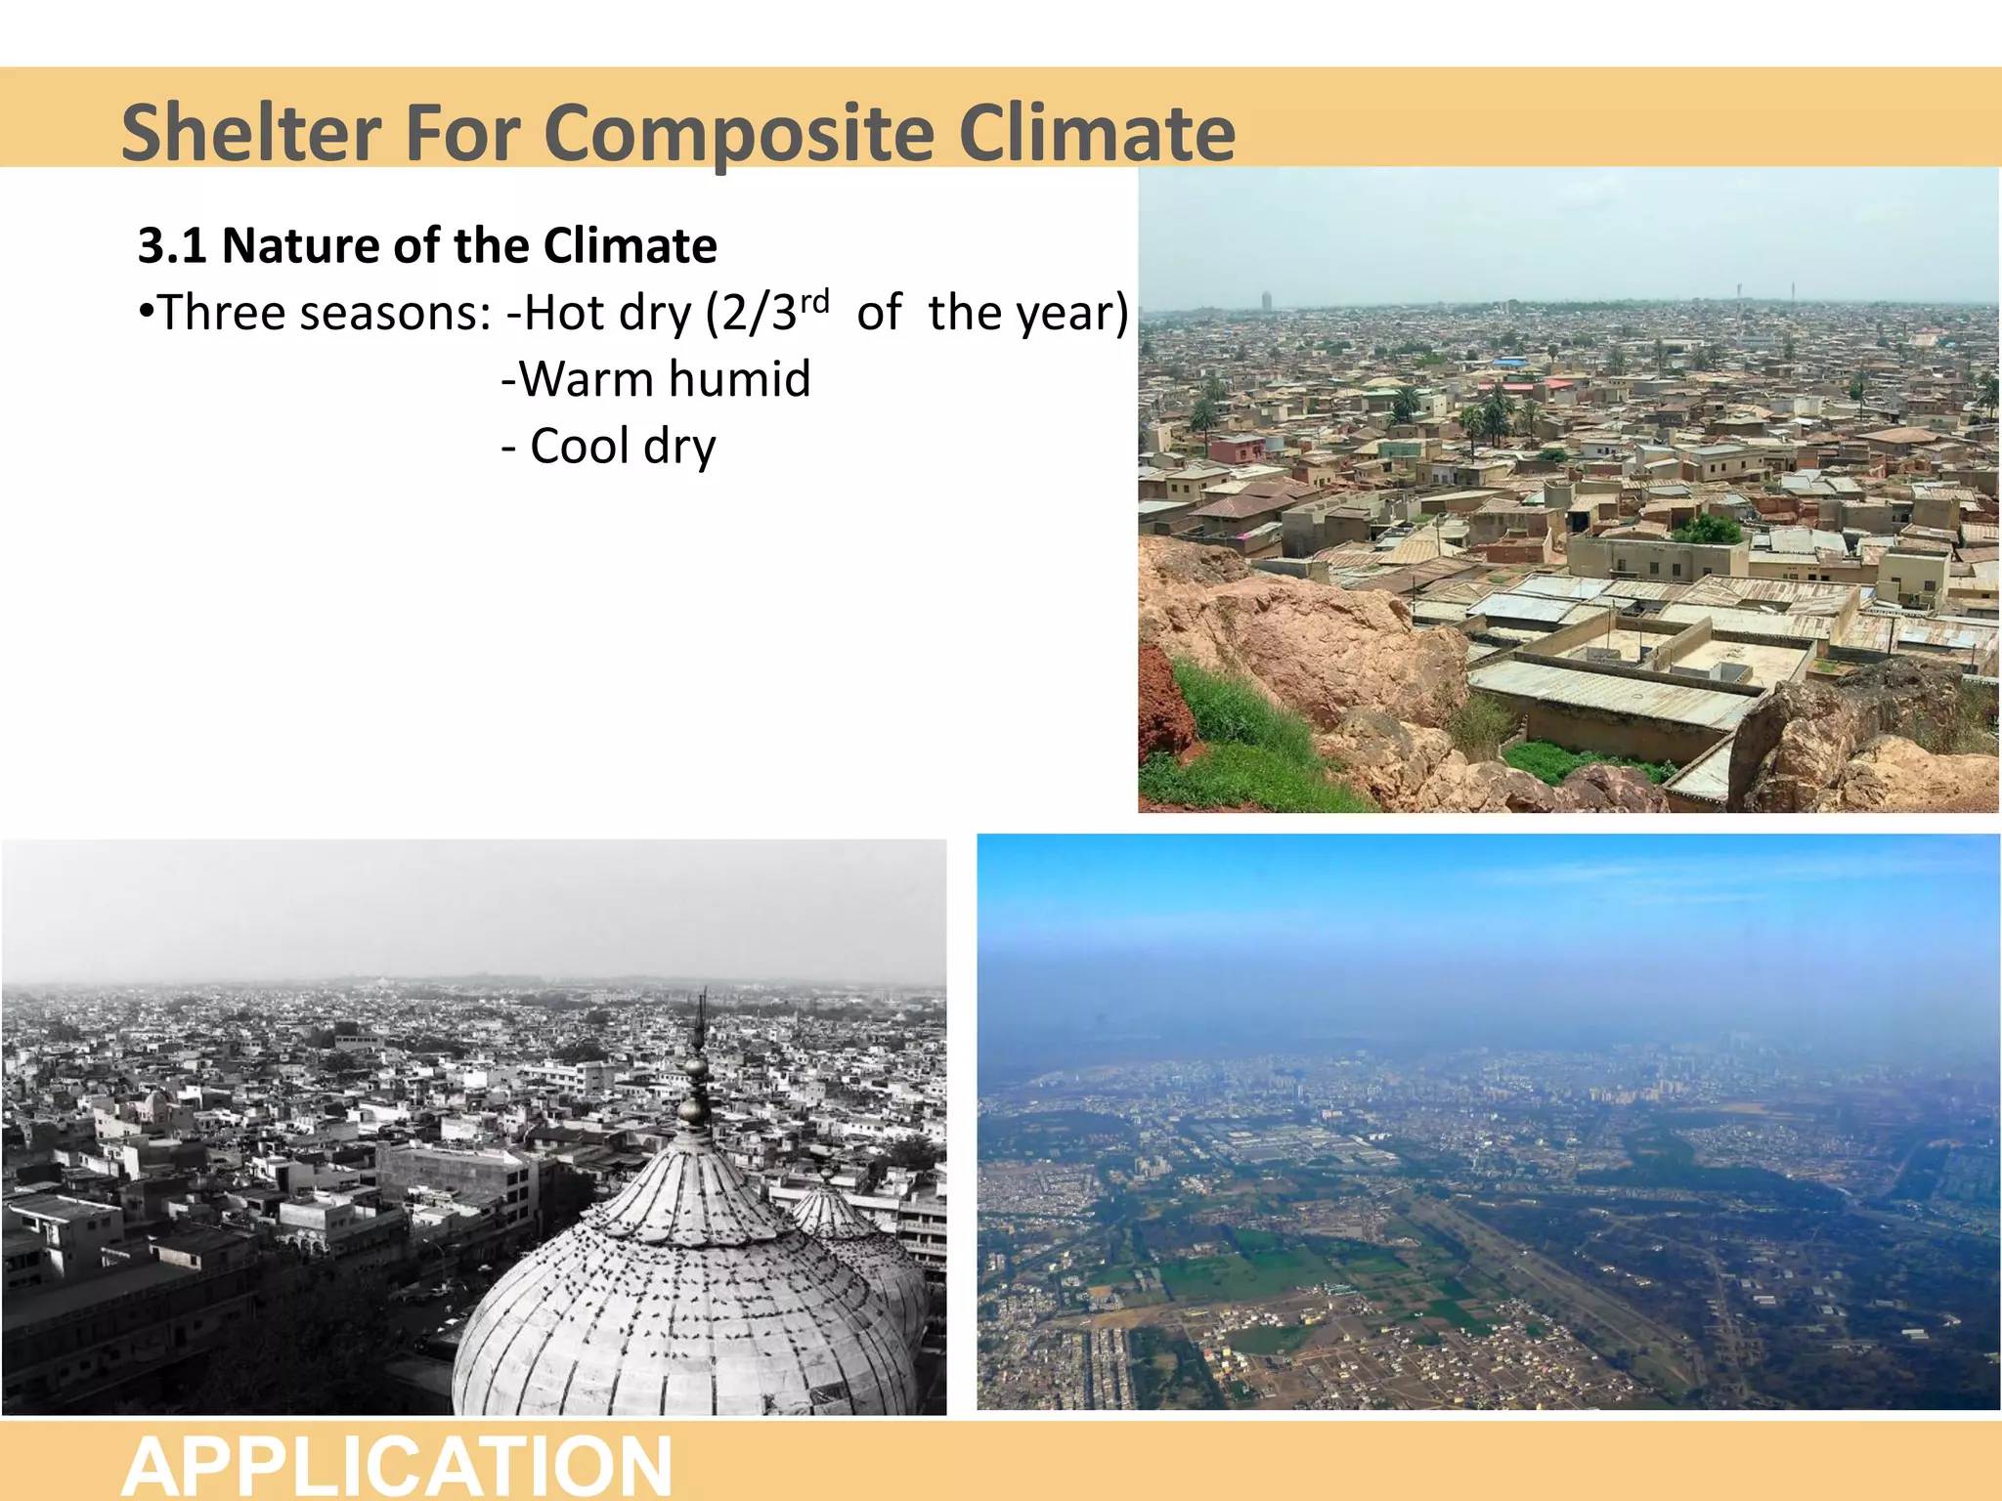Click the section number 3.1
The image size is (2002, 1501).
(171, 245)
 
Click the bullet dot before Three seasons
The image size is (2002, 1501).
(146, 312)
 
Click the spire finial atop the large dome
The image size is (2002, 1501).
(698, 1055)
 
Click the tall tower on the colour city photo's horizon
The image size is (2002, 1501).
(1267, 300)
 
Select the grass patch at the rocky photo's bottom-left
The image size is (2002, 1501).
(1232, 743)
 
